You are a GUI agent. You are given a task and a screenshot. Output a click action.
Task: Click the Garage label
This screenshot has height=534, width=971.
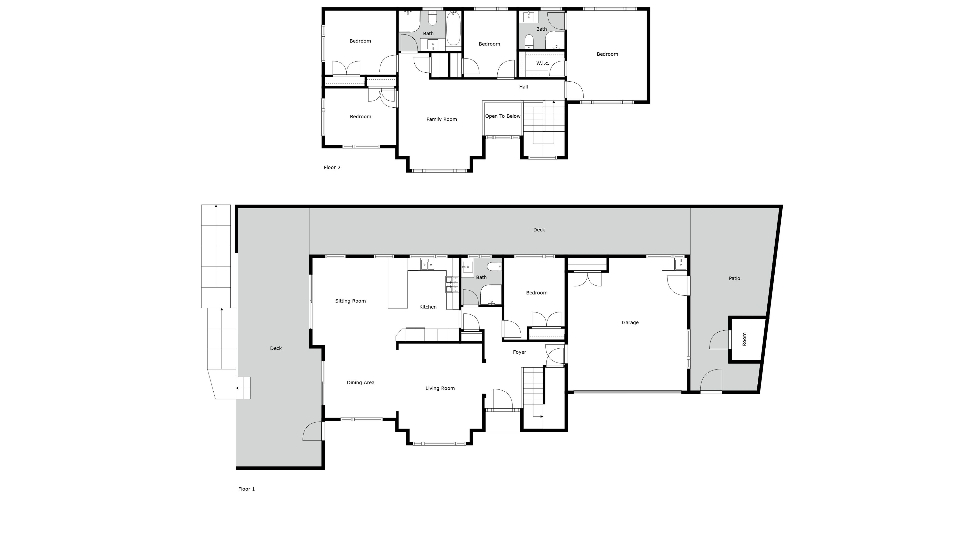(630, 322)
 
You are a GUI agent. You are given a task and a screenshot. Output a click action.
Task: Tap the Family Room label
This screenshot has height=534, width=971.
(441, 120)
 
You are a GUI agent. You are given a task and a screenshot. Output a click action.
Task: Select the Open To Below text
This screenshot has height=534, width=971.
(502, 116)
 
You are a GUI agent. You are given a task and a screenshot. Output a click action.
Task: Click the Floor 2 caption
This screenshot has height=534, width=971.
(332, 167)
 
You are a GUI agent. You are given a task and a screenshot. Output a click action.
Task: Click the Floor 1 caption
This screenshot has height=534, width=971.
(247, 489)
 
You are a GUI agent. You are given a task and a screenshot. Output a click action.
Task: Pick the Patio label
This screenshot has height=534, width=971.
(734, 278)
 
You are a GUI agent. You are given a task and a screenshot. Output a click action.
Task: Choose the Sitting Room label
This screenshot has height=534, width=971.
(351, 301)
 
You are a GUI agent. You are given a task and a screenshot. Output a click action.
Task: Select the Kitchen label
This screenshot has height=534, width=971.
(428, 307)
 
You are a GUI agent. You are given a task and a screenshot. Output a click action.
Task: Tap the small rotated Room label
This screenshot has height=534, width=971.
(745, 339)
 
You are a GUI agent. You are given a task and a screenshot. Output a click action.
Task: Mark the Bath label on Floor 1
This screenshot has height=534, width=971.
(481, 277)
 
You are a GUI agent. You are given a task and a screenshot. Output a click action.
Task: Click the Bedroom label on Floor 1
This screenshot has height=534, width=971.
(537, 293)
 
